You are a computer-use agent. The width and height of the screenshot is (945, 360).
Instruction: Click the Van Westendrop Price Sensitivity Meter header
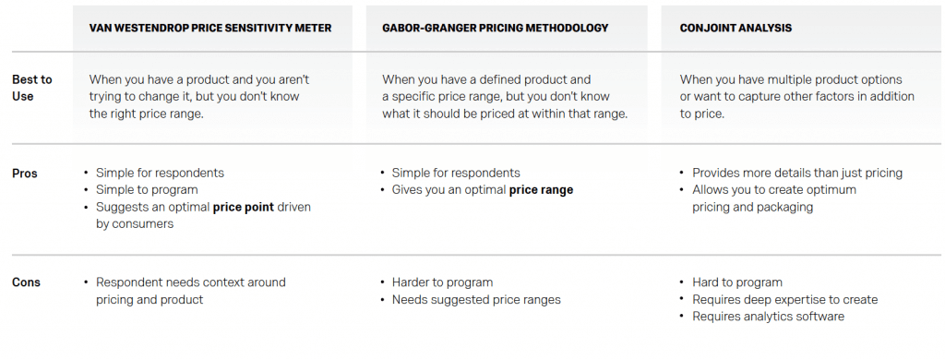(x=210, y=29)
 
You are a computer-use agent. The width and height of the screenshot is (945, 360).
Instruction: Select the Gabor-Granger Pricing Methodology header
(x=496, y=29)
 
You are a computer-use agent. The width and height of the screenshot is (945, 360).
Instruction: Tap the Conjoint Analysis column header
(x=736, y=29)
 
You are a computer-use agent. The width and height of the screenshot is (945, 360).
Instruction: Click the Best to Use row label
(x=32, y=88)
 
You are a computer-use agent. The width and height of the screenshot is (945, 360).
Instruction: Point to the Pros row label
(x=25, y=174)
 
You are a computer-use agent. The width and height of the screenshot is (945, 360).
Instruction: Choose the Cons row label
(x=26, y=282)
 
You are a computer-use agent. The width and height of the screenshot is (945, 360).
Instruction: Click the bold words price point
(x=244, y=208)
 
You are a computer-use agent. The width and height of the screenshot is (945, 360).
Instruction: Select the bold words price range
(x=541, y=190)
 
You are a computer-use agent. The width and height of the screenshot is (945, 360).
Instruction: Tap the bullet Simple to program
(x=147, y=190)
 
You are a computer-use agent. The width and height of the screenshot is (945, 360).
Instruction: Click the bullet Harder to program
(x=442, y=282)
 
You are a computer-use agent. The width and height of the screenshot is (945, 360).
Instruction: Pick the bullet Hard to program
(x=737, y=282)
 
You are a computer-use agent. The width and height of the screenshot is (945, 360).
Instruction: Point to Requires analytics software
(x=769, y=317)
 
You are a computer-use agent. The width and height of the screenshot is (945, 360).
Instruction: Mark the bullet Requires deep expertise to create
(x=784, y=300)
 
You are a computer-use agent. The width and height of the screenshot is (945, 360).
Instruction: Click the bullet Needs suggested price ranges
(x=476, y=300)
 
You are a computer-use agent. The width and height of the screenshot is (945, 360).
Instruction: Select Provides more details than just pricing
(x=797, y=173)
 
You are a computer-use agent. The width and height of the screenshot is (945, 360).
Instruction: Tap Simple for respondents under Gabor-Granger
(x=456, y=173)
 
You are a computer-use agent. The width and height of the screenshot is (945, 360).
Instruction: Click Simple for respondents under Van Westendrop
(x=160, y=173)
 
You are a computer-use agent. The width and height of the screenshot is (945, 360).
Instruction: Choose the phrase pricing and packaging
(x=753, y=208)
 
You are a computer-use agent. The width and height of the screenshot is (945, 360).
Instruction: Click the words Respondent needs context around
(x=191, y=282)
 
